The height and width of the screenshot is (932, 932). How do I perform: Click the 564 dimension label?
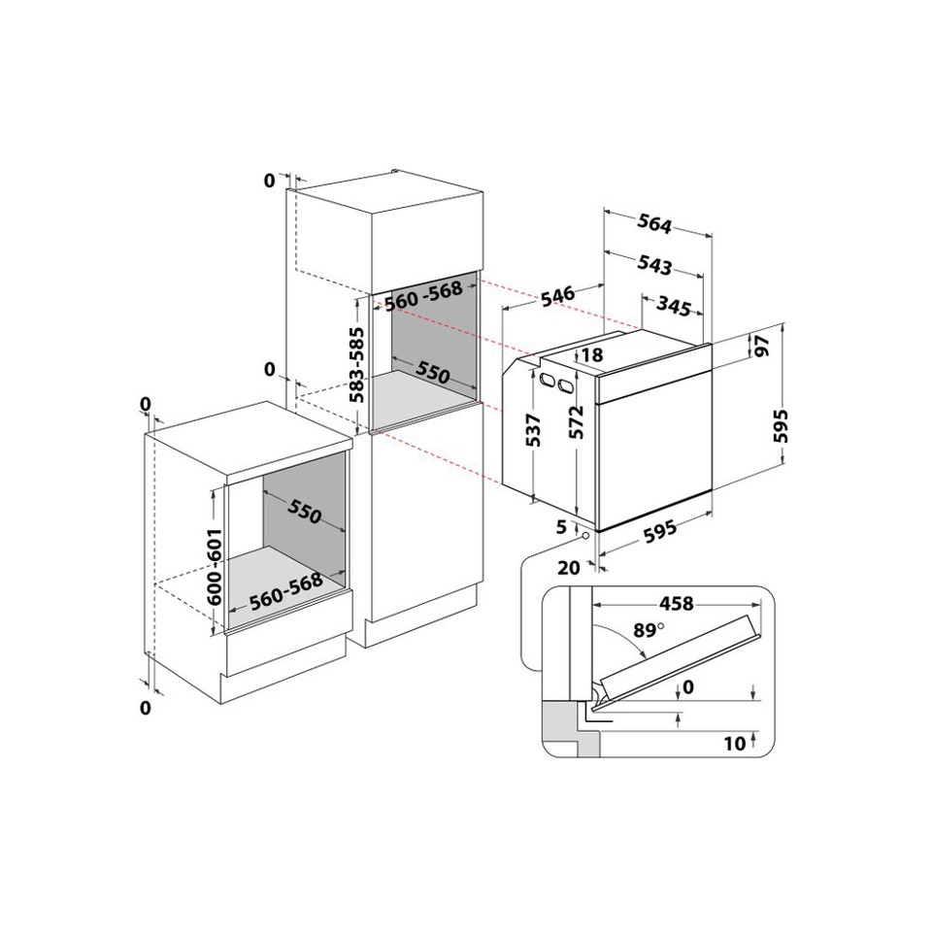click(654, 224)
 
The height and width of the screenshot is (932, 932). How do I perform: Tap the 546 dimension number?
click(559, 294)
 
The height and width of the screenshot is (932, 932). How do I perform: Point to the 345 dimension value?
click(673, 309)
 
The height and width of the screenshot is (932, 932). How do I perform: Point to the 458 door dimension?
click(677, 604)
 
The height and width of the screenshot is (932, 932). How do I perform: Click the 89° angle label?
click(648, 630)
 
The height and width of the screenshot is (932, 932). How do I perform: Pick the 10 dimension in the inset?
click(735, 744)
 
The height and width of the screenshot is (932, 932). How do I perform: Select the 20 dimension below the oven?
click(569, 567)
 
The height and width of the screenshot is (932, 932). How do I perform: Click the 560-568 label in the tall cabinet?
click(421, 300)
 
